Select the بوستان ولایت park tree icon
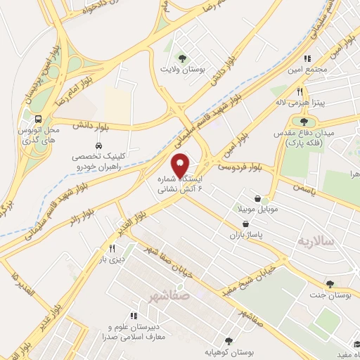click(183, 58)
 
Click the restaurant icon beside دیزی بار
click(112, 248)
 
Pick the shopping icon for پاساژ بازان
click(244, 224)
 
